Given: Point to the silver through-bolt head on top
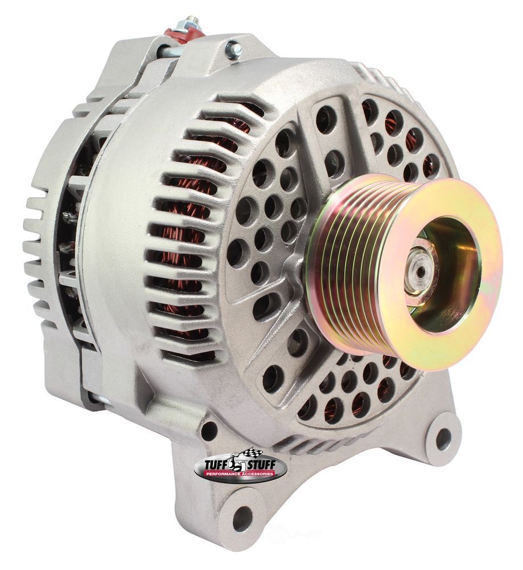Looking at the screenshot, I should pos(232,50).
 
